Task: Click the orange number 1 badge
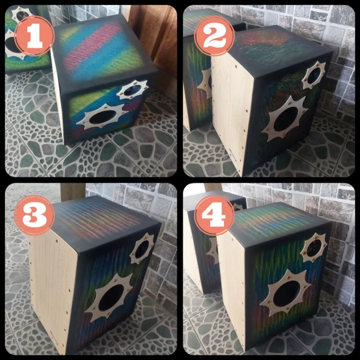34,35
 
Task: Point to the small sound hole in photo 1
132,90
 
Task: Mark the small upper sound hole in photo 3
143,248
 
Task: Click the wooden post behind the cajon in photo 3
72,190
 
